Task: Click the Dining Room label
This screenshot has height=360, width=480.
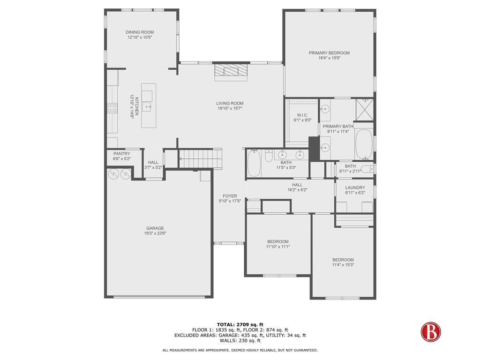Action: point(140,32)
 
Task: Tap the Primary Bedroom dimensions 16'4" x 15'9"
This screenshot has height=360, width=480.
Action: point(329,58)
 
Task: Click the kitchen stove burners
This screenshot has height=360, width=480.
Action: point(112,108)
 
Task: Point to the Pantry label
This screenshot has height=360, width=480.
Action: point(121,154)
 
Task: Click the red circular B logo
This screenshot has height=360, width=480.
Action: point(430,332)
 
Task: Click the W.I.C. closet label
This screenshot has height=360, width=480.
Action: point(302,115)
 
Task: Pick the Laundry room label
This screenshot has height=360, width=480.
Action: point(355,187)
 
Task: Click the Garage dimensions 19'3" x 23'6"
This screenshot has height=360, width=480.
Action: point(155,233)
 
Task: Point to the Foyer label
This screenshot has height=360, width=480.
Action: point(230,196)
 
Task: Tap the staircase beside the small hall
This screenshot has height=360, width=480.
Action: point(200,158)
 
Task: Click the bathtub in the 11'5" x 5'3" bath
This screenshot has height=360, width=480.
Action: point(254,163)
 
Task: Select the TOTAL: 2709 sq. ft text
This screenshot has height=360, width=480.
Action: point(240,324)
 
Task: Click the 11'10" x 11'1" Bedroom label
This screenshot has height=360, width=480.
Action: point(277,241)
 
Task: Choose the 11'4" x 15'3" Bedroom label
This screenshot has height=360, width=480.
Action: point(343,260)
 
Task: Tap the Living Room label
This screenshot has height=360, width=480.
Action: point(230,104)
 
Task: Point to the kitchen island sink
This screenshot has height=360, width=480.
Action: point(147,96)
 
